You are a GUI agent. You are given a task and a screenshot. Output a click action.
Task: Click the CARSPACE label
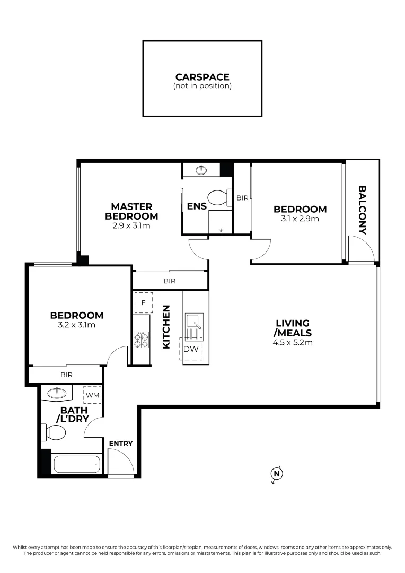(202, 77)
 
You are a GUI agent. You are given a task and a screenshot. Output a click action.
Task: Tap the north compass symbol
(276, 474)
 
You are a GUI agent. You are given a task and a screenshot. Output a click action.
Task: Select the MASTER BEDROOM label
(131, 211)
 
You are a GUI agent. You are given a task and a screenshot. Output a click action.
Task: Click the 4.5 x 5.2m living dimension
(293, 342)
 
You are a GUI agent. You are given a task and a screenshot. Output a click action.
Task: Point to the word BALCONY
(363, 210)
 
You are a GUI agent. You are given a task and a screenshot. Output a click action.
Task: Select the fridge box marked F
(143, 303)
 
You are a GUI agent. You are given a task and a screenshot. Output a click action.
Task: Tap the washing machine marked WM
(92, 395)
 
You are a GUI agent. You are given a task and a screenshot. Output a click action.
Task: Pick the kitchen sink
(192, 322)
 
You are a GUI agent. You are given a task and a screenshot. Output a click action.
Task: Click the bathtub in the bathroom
(76, 464)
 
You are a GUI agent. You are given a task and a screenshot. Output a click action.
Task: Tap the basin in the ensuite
(201, 170)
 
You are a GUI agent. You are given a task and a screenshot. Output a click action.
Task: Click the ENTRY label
(120, 444)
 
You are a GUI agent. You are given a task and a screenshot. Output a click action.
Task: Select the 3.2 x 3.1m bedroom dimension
(73, 325)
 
